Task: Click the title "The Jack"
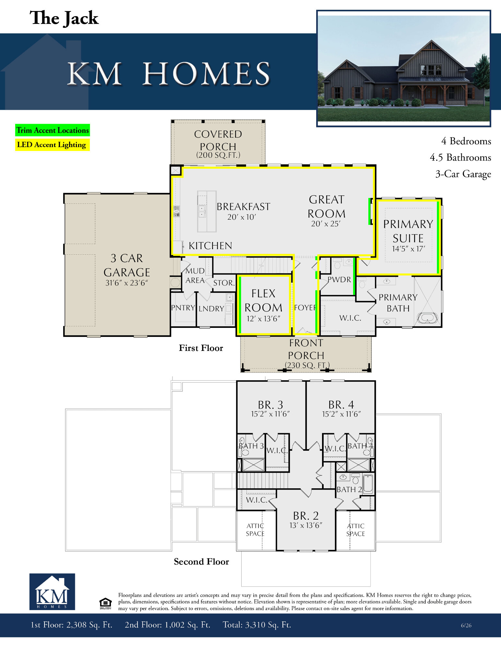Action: (x=64, y=18)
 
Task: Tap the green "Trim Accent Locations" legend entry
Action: (x=53, y=130)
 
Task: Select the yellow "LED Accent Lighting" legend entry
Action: (x=52, y=145)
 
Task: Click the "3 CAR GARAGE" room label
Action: (x=127, y=265)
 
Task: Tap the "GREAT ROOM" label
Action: (x=326, y=207)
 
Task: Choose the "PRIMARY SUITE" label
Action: (x=408, y=231)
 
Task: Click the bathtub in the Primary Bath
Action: (x=427, y=318)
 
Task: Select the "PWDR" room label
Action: (x=339, y=280)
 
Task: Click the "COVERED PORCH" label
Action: (x=218, y=140)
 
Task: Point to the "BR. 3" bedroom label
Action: (x=270, y=405)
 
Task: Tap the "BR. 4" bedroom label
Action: (x=341, y=405)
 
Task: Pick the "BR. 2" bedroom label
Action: (x=306, y=516)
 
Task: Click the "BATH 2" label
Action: (x=349, y=490)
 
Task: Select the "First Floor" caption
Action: (x=201, y=348)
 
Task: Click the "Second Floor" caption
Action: (x=201, y=561)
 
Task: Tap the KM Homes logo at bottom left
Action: (x=52, y=592)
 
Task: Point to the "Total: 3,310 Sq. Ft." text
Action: (x=257, y=625)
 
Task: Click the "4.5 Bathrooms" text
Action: (x=460, y=157)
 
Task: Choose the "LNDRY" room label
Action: (x=211, y=309)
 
